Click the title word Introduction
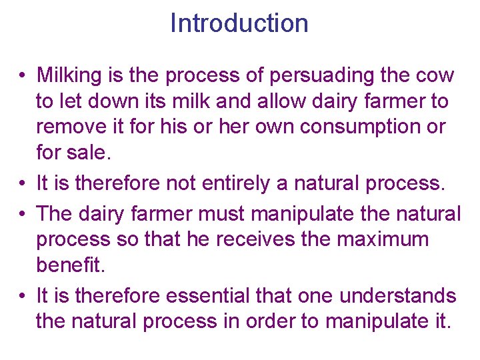239,23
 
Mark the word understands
402,295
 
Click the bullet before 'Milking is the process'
23,76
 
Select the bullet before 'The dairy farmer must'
23,215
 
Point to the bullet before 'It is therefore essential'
23,295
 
